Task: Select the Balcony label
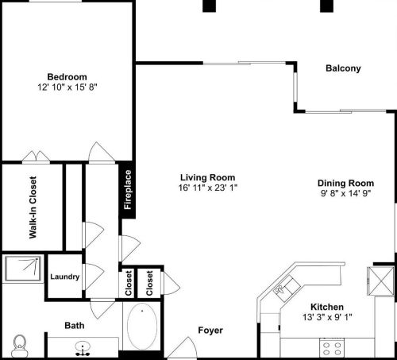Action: point(343,68)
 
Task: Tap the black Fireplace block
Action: point(127,189)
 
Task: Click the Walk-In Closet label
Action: point(33,207)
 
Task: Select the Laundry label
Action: point(64,277)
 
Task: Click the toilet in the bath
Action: point(20,345)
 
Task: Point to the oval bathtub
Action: point(144,326)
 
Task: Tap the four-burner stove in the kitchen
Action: point(330,346)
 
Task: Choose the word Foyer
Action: point(210,331)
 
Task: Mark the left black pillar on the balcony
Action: point(209,6)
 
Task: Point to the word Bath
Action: point(74,325)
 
